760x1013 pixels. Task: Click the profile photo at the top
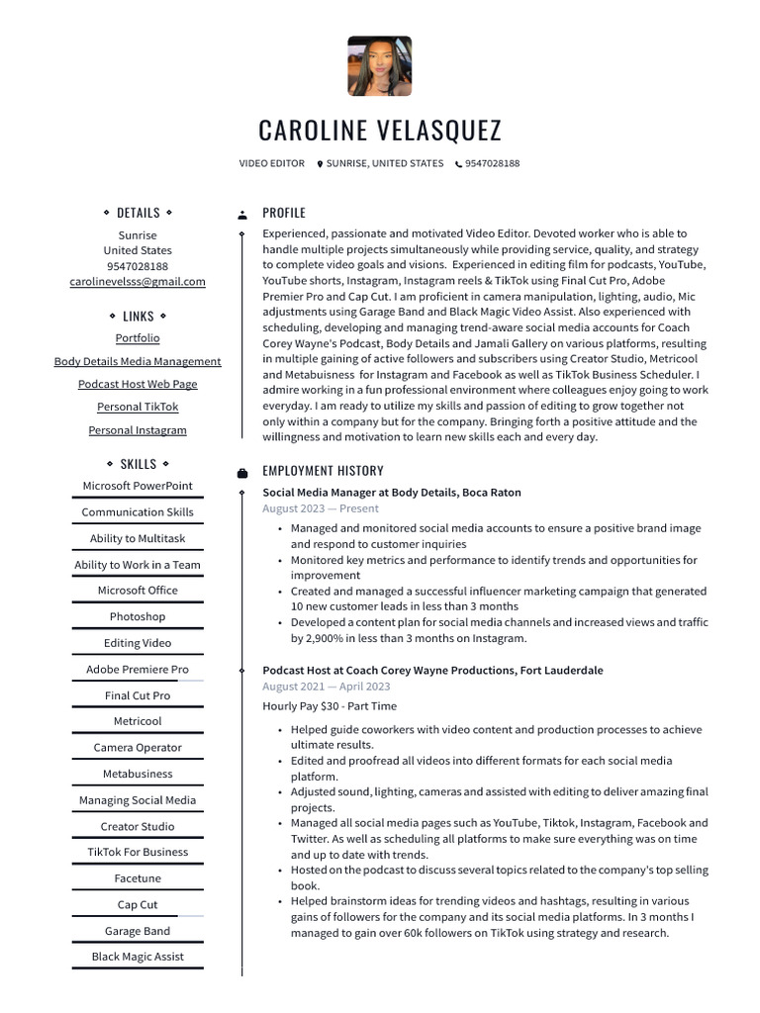pyautogui.click(x=379, y=66)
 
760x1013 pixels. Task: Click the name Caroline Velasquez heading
pyautogui.click(x=380, y=131)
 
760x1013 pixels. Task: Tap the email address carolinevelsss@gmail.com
pyautogui.click(x=138, y=282)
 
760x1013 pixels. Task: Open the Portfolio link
pyautogui.click(x=138, y=338)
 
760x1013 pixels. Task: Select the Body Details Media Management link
pyautogui.click(x=138, y=362)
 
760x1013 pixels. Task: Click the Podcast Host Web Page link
pyautogui.click(x=138, y=385)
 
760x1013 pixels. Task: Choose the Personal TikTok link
pyautogui.click(x=138, y=408)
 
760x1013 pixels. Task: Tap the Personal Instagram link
pyautogui.click(x=138, y=431)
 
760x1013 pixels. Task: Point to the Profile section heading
pyautogui.click(x=284, y=213)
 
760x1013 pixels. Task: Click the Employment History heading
pyautogui.click(x=323, y=471)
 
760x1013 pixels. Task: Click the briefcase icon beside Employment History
pyautogui.click(x=242, y=473)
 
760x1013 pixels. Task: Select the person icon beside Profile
pyautogui.click(x=242, y=215)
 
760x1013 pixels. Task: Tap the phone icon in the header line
pyautogui.click(x=458, y=164)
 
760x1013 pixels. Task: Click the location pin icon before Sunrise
pyautogui.click(x=320, y=164)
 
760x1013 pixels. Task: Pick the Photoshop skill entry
pyautogui.click(x=138, y=617)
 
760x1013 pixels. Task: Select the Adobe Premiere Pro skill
pyautogui.click(x=138, y=670)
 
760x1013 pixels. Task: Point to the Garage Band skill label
pyautogui.click(x=138, y=932)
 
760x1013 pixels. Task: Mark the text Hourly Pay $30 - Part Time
pyautogui.click(x=330, y=706)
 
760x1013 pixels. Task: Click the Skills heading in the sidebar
pyautogui.click(x=138, y=464)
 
